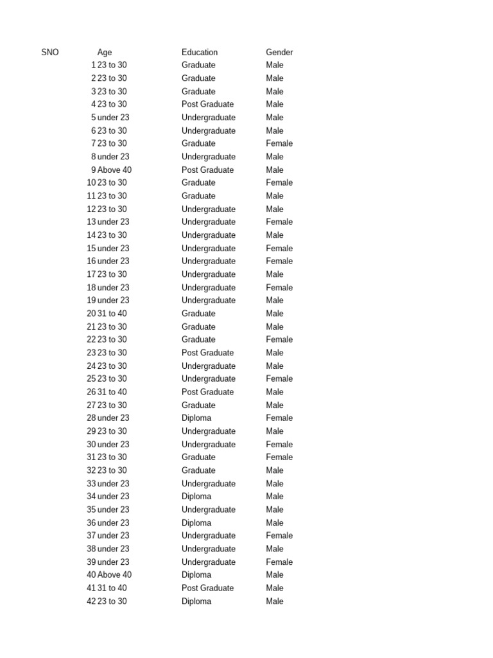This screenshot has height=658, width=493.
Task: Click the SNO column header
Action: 49,52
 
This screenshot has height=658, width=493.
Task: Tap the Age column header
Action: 105,52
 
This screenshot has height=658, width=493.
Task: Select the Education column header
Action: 200,52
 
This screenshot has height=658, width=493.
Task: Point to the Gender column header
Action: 279,52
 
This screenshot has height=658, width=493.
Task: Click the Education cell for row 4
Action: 207,104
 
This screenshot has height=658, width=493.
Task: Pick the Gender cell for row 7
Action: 279,143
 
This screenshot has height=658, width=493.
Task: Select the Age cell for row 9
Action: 114,170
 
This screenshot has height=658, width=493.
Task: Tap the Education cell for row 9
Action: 207,170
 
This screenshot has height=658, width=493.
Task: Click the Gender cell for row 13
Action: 279,222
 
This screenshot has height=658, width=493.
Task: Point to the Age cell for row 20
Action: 112,314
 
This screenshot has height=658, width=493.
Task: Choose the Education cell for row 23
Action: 207,353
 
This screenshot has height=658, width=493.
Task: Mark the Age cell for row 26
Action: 112,392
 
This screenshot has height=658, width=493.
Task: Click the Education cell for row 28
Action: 196,418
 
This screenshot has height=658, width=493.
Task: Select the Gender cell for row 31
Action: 279,457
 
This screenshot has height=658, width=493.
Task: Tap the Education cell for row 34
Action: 196,496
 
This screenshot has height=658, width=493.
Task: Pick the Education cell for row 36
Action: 196,522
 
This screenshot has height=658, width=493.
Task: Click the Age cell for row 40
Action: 114,574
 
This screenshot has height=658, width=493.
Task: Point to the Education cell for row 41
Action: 207,588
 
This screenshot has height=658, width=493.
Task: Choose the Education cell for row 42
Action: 196,601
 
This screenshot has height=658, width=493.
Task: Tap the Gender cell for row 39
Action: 279,562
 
